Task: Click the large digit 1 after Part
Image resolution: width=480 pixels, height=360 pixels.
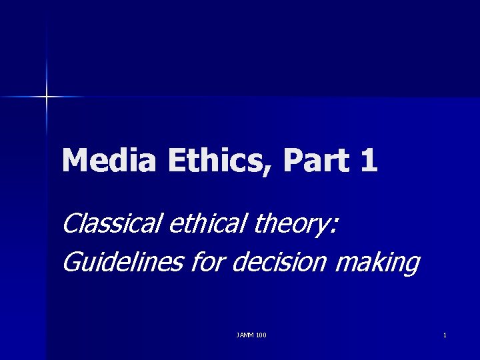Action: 368,161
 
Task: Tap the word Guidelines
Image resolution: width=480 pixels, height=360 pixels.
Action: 121,262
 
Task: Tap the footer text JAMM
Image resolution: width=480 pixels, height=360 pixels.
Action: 245,335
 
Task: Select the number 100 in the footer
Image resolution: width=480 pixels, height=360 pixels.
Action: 261,335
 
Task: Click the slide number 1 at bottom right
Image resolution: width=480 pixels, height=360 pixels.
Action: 445,335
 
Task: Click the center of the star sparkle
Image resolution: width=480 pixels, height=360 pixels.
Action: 47,97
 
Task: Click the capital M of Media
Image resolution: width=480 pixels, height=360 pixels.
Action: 75,161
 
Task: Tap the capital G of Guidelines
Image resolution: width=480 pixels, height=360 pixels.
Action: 70,262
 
